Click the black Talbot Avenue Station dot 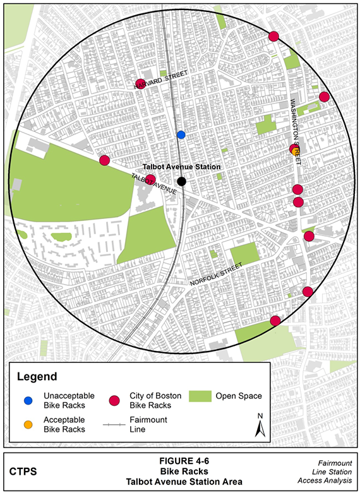click(182, 181)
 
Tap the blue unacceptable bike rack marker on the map click(181, 134)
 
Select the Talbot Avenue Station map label click(182, 167)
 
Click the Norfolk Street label click(216, 275)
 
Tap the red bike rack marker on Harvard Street click(141, 84)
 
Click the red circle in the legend click(114, 400)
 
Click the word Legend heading click(37, 377)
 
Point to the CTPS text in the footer click(23, 471)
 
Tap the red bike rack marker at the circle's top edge click(273, 37)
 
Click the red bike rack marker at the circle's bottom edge click(275, 321)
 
